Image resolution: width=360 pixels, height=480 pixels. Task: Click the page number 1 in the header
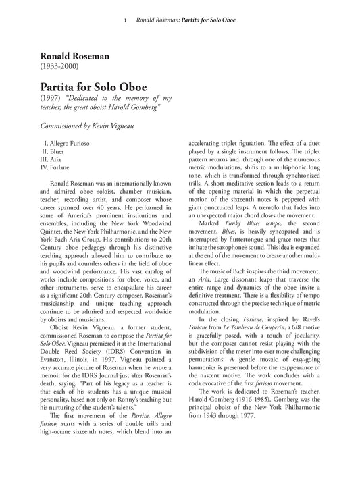(126, 21)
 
